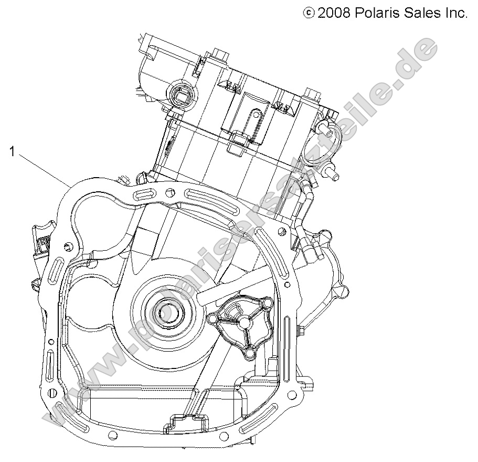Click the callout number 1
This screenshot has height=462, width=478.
(x=11, y=152)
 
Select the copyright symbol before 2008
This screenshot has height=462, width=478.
(x=310, y=12)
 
